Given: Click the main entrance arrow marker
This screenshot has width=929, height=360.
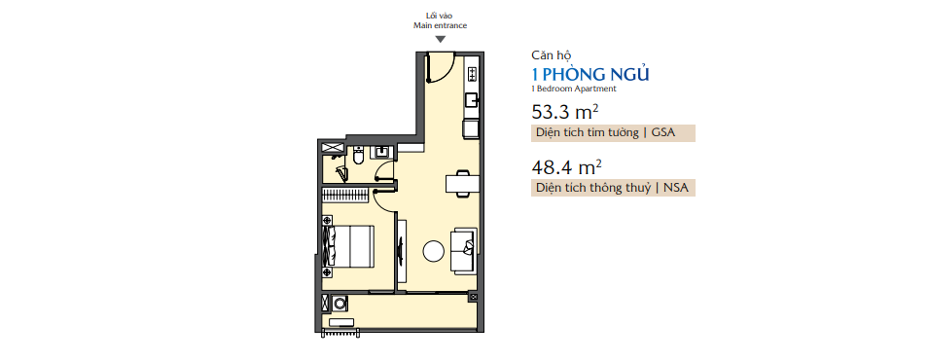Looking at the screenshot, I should pyautogui.click(x=440, y=40).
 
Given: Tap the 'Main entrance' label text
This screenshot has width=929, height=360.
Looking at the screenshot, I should pyautogui.click(x=440, y=26).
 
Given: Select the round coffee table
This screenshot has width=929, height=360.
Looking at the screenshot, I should pyautogui.click(x=434, y=252).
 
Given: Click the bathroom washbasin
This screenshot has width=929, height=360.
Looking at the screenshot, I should pyautogui.click(x=381, y=151).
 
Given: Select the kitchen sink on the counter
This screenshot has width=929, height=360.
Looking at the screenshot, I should pyautogui.click(x=471, y=100).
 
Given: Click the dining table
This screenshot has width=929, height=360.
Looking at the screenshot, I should pyautogui.click(x=462, y=182).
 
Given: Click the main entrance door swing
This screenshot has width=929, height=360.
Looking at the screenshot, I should pyautogui.click(x=438, y=67).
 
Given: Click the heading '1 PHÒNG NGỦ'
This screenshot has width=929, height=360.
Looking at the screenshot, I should pyautogui.click(x=590, y=74).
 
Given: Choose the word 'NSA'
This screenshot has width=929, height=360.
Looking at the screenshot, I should pyautogui.click(x=674, y=188).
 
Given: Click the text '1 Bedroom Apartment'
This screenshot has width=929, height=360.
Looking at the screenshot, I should pyautogui.click(x=574, y=89).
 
